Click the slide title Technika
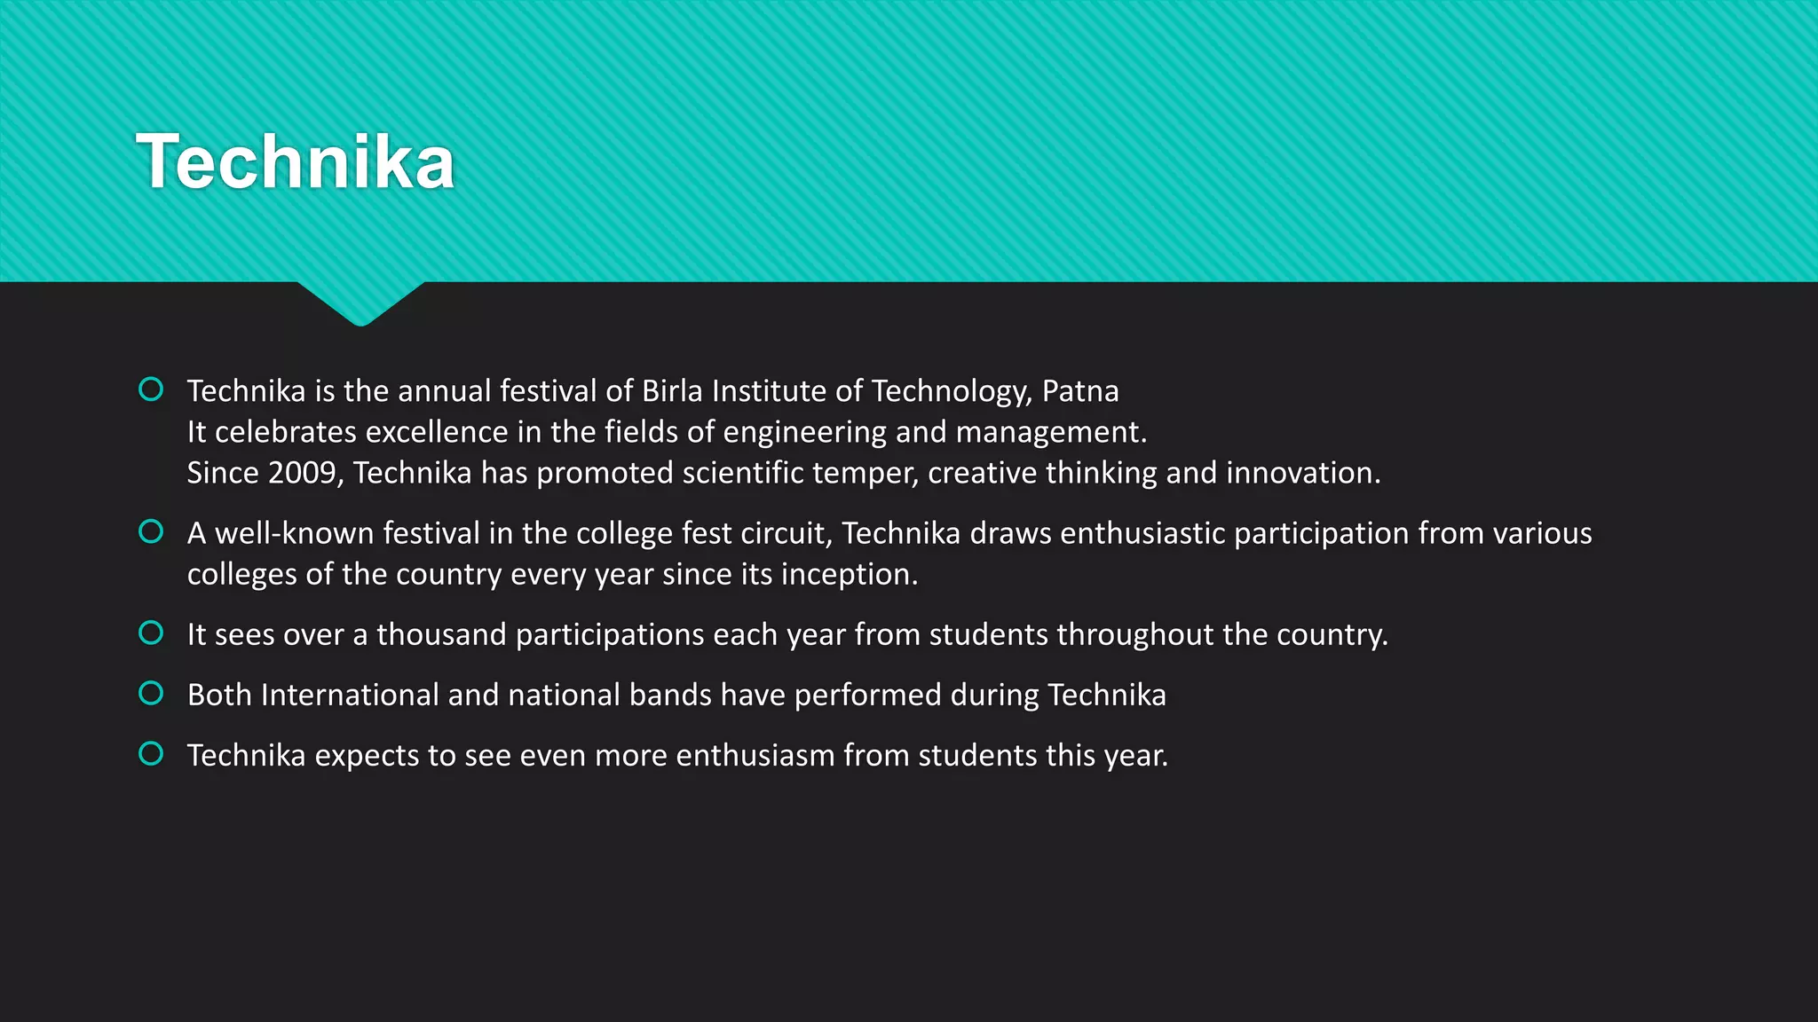(295, 161)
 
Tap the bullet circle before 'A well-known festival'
(151, 531)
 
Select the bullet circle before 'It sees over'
(151, 633)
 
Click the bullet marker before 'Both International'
(151, 693)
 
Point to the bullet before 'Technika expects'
(151, 754)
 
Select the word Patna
(1079, 391)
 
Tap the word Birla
(672, 391)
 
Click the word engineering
(804, 433)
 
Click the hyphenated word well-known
(295, 533)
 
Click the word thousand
(441, 634)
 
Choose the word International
(350, 695)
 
